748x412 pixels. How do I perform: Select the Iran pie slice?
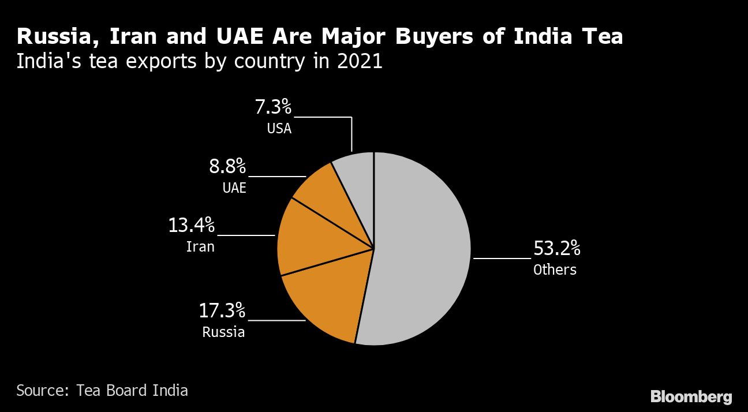312,242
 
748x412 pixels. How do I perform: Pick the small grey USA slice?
358,173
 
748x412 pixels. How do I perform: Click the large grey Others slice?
421,248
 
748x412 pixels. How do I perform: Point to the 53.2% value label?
556,249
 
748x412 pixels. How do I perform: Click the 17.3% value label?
222,310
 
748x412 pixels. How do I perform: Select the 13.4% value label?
191,225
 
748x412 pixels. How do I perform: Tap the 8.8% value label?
227,167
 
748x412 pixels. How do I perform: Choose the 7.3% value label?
273,107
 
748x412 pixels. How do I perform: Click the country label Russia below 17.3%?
223,332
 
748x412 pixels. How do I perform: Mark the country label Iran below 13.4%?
200,247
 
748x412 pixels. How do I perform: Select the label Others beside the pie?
555,269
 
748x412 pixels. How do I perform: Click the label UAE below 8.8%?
234,188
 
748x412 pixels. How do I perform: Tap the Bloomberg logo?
691,397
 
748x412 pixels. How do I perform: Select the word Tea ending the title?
602,37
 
